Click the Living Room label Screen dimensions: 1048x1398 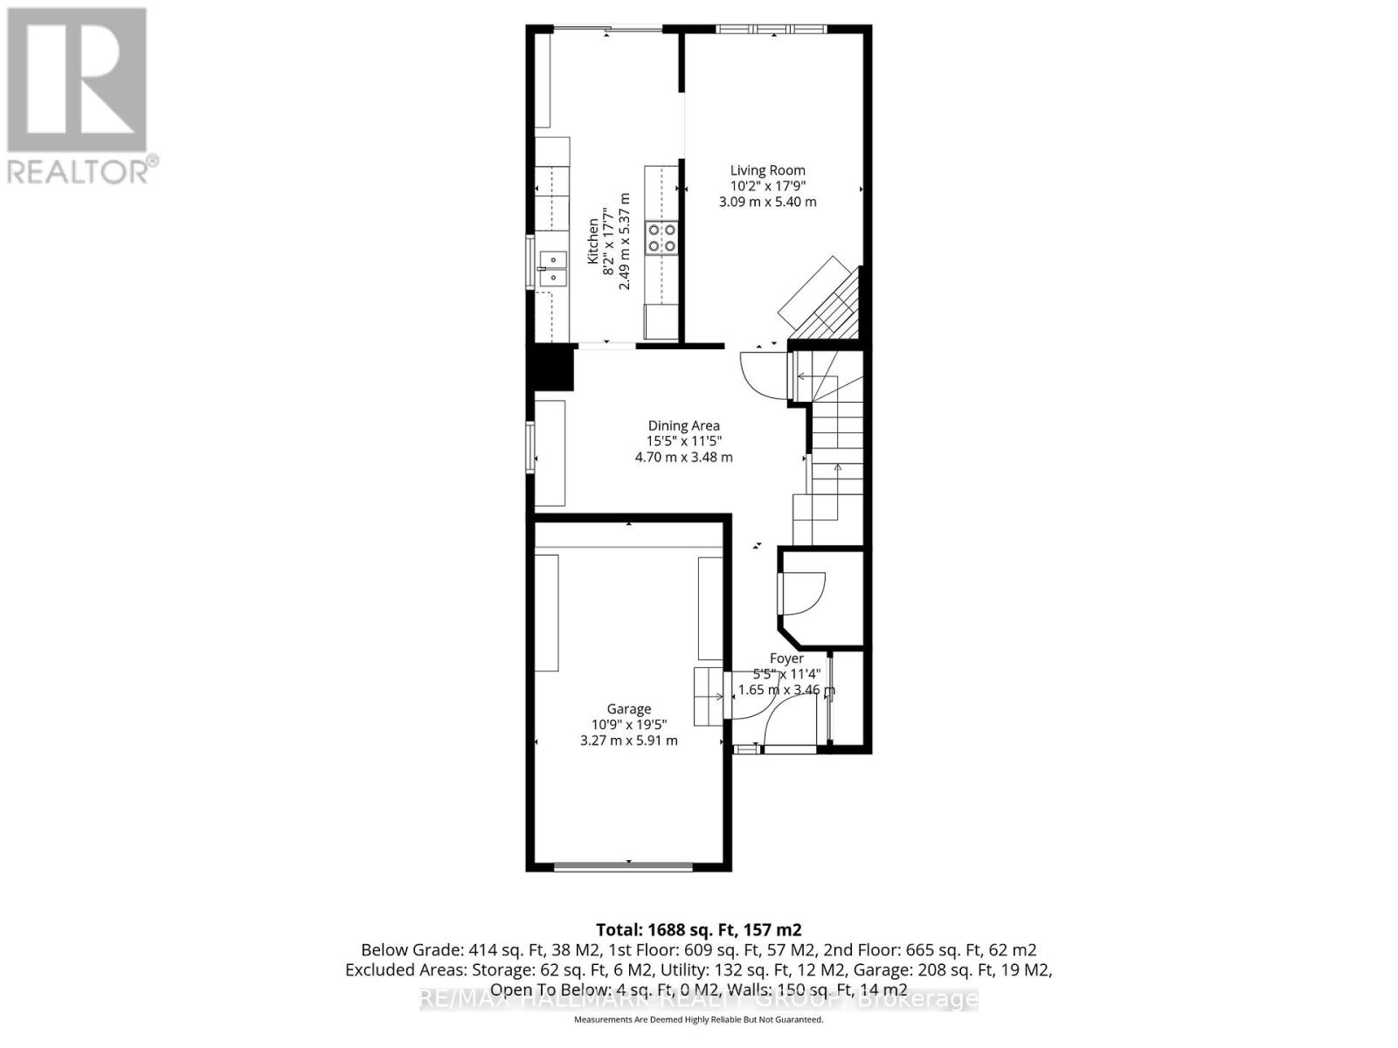click(767, 170)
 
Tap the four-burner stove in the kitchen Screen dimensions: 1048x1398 click(661, 238)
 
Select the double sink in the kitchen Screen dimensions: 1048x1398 click(553, 268)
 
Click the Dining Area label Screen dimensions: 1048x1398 click(683, 426)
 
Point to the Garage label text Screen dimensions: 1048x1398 click(629, 709)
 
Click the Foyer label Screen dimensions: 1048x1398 click(786, 658)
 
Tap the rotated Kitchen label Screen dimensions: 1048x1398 click(593, 241)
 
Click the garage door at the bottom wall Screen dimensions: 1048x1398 click(625, 866)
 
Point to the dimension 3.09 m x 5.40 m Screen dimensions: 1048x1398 click(767, 202)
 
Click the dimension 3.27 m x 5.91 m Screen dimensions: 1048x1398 click(629, 741)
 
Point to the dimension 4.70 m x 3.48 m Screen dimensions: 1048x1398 click(683, 457)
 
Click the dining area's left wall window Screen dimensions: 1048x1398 click(530, 447)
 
